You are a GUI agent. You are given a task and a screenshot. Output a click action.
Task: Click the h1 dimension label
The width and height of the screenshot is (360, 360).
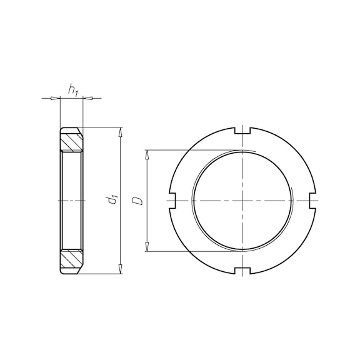click(x=73, y=90)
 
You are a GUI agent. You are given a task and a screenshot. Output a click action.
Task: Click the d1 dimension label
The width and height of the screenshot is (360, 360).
click(x=113, y=200)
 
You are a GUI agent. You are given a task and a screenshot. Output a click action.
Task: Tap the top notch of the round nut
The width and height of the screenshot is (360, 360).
click(x=242, y=130)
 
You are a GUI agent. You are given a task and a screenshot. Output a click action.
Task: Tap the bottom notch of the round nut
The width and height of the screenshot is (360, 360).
click(x=242, y=271)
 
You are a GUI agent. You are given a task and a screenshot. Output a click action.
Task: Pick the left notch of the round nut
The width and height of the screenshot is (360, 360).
click(x=172, y=201)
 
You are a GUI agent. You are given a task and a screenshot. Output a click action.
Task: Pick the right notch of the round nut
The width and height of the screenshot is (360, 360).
click(x=312, y=201)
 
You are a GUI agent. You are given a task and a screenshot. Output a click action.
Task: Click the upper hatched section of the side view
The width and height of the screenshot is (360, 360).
click(x=71, y=142)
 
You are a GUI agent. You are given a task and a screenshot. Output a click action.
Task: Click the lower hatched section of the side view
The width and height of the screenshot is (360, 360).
click(x=71, y=259)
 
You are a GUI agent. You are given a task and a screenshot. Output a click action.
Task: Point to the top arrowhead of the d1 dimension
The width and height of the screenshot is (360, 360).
click(x=120, y=132)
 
